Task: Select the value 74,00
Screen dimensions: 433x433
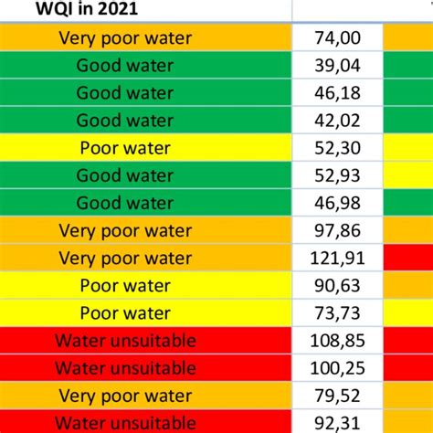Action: pyautogui.click(x=336, y=37)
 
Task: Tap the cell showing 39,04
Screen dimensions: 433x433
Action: pyautogui.click(x=336, y=65)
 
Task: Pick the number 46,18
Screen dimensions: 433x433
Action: pyautogui.click(x=336, y=92)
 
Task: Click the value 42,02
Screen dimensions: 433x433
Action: pyautogui.click(x=336, y=120)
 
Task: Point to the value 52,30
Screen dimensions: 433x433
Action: pyautogui.click(x=336, y=148)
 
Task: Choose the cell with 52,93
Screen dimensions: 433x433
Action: pyautogui.click(x=336, y=175)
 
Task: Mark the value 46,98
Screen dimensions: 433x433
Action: pyautogui.click(x=336, y=203)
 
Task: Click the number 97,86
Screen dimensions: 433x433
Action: pyautogui.click(x=336, y=230)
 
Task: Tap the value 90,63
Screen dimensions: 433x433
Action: pyautogui.click(x=336, y=286)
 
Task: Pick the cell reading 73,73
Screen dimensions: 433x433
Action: pyautogui.click(x=336, y=313)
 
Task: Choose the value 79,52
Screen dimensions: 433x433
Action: pyautogui.click(x=336, y=396)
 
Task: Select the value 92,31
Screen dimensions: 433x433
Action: pyautogui.click(x=336, y=423)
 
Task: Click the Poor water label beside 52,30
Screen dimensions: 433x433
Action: pyautogui.click(x=125, y=148)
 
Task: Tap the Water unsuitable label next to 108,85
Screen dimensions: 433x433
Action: pyautogui.click(x=125, y=342)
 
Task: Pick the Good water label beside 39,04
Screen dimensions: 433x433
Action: pyautogui.click(x=125, y=65)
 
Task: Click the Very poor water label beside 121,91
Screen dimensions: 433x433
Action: pyautogui.click(x=125, y=259)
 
